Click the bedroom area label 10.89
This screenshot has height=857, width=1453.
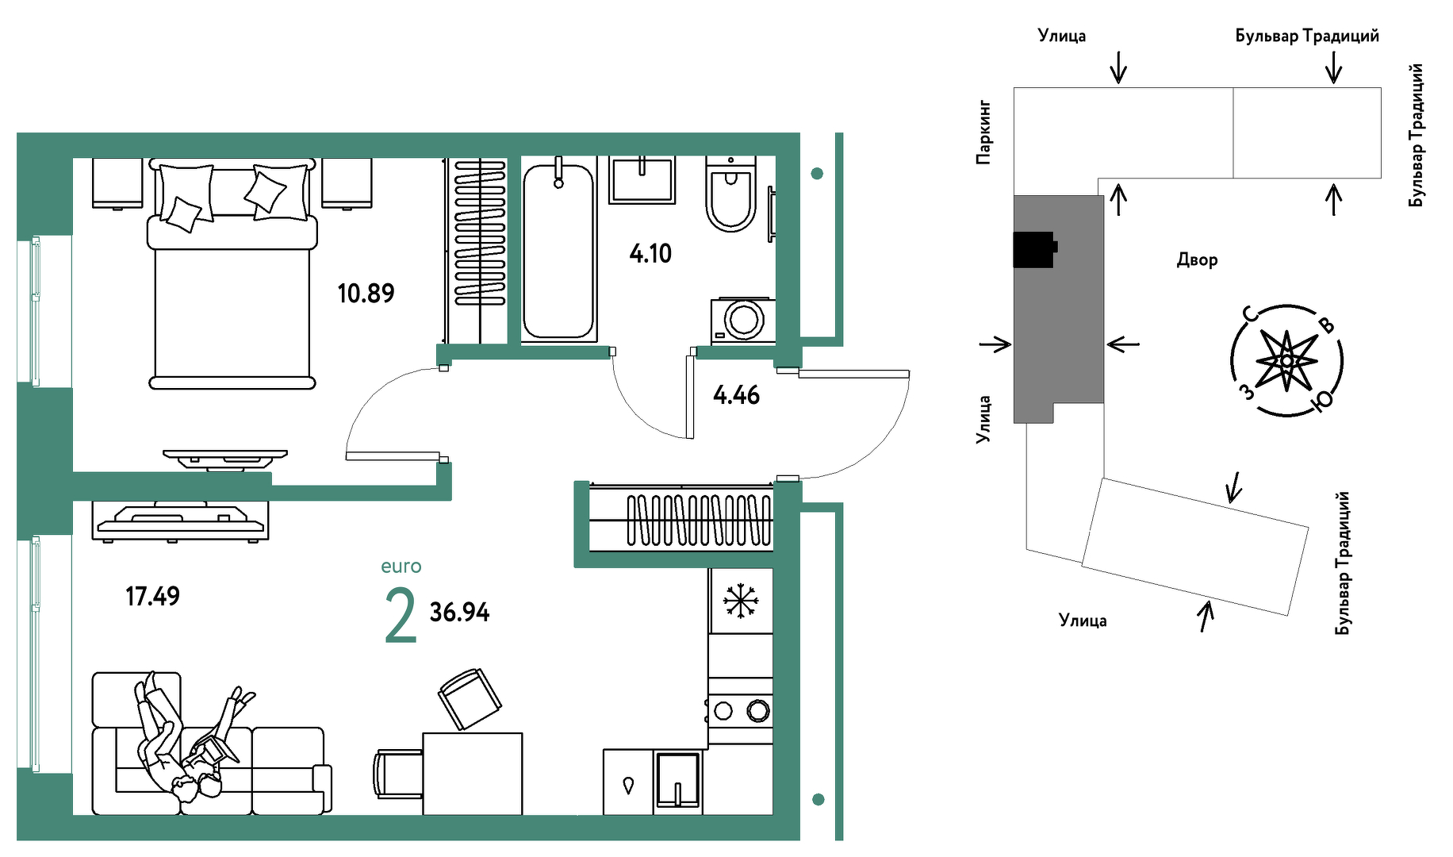pos(366,294)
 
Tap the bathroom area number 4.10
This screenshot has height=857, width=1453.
pos(650,254)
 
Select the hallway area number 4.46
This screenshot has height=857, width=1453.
pos(736,395)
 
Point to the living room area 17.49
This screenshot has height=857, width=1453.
pos(152,596)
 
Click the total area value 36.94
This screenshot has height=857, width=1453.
pos(459,612)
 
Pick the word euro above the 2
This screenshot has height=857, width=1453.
pos(401,567)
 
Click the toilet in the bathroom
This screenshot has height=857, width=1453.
pos(731,194)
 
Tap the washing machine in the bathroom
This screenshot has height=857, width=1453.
pos(743,321)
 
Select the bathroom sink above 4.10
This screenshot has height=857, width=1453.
pos(642,179)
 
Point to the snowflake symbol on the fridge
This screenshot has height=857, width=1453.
pos(741,601)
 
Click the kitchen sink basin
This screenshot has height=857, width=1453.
pos(678,780)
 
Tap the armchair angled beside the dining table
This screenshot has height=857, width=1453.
pos(470,698)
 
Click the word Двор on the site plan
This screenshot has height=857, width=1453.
pos(1197,260)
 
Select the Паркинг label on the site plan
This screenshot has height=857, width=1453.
pos(983,132)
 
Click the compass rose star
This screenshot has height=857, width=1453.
pos(1286,361)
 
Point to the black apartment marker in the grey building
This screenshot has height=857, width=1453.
pos(1034,250)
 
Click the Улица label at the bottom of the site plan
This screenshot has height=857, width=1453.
pos(1083,621)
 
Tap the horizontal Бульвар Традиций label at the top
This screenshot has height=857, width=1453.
pos(1307,36)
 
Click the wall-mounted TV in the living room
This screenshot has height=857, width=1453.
pos(225,457)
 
